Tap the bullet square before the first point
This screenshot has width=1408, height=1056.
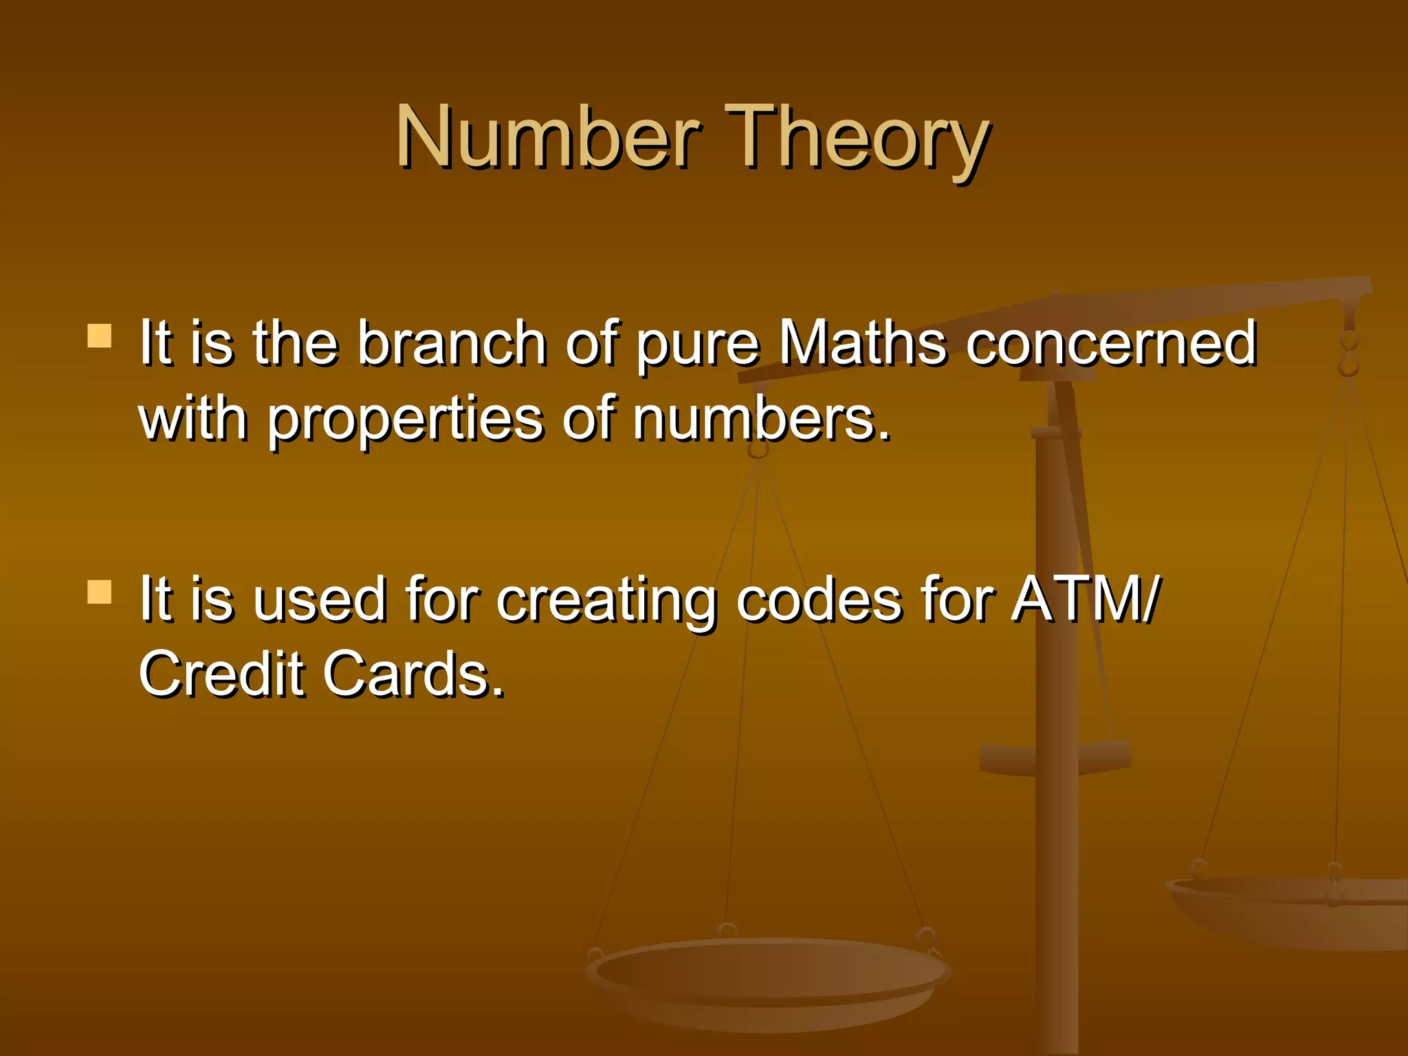pyautogui.click(x=100, y=337)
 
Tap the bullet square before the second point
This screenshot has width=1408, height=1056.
pyautogui.click(x=100, y=592)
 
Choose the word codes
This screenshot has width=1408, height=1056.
pyautogui.click(x=819, y=599)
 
